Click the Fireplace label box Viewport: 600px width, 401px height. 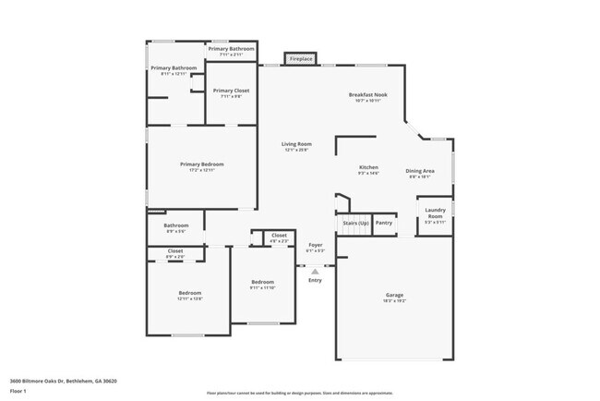[x=301, y=59]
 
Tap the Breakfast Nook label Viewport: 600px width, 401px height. [x=366, y=95]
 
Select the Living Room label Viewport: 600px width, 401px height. [x=296, y=144]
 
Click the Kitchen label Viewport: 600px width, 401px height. [x=368, y=168]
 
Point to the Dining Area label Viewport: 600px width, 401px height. [x=420, y=171]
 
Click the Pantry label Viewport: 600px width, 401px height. [x=384, y=223]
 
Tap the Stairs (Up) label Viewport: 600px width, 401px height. [x=355, y=223]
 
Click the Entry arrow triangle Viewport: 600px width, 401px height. [x=315, y=272]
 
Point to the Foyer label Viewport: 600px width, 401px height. [x=315, y=246]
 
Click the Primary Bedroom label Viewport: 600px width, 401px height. [x=201, y=164]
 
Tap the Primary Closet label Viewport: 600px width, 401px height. [x=231, y=91]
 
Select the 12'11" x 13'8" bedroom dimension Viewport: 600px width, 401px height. [x=189, y=298]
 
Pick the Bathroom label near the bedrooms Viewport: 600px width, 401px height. [x=176, y=225]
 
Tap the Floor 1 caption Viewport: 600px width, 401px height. [x=19, y=389]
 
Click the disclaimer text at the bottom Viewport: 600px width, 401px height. [x=299, y=394]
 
